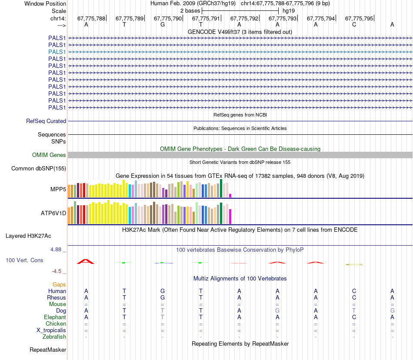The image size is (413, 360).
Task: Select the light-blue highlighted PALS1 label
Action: pyautogui.click(x=57, y=52)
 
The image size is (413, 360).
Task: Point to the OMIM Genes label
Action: pyautogui.click(x=49, y=155)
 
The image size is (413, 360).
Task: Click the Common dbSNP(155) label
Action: pyautogui.click(x=39, y=169)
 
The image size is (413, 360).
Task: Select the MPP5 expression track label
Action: pyautogui.click(x=58, y=190)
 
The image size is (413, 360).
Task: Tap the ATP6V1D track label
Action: pyautogui.click(x=53, y=213)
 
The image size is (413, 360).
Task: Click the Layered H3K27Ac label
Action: pyautogui.click(x=28, y=236)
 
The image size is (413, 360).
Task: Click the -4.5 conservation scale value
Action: pyautogui.click(x=58, y=271)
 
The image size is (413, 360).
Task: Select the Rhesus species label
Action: pyautogui.click(x=57, y=297)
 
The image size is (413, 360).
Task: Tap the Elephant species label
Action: pyautogui.click(x=55, y=317)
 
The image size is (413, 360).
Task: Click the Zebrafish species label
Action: pyautogui.click(x=54, y=337)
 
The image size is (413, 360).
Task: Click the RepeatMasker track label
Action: pyautogui.click(x=48, y=350)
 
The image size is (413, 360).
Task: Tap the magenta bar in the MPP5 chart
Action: pyautogui.click(x=230, y=195)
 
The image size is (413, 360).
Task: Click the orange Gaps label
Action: pyautogui.click(x=59, y=284)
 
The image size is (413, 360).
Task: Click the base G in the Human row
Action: pyautogui.click(x=163, y=291)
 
